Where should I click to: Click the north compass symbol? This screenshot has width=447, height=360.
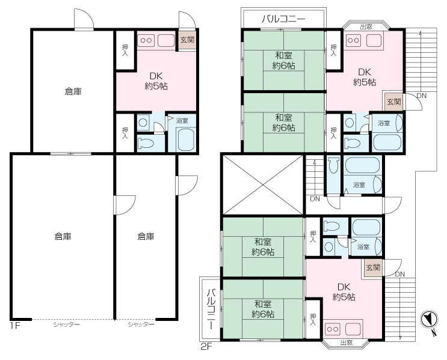point(429,319)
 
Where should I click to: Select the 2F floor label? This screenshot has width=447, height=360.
point(207,347)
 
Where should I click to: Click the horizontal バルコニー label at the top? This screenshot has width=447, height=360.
point(283,19)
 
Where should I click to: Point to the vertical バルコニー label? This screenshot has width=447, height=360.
point(211,309)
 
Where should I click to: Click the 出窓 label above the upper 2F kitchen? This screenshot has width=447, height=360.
point(366,27)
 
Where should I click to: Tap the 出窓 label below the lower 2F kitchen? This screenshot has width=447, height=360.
point(347,343)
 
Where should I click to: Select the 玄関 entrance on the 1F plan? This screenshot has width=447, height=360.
point(187,40)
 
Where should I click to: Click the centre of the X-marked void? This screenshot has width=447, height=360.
point(263,185)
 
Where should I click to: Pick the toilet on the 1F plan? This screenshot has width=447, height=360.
point(146,143)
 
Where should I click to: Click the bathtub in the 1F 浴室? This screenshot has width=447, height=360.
point(185,139)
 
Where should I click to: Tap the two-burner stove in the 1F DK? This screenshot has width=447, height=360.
point(146,40)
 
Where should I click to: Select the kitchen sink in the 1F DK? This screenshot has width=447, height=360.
point(166,40)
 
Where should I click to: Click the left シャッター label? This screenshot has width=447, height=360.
point(66,325)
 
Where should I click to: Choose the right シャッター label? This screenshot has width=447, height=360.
point(141,325)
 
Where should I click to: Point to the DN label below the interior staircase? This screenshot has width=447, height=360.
point(315,199)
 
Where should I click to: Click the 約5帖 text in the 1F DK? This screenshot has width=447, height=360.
point(156,87)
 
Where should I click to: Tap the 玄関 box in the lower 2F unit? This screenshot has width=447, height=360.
point(372,267)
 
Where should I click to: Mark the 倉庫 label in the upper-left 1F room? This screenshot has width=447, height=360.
point(73,91)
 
